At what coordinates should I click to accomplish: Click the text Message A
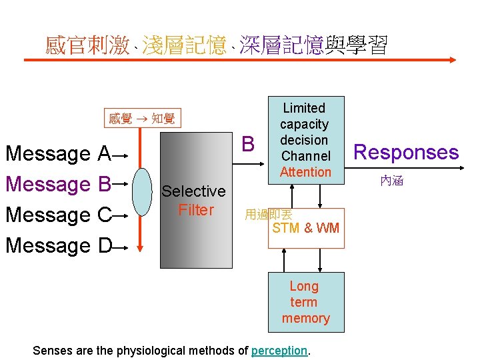pyautogui.click(x=58, y=154)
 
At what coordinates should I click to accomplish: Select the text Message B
pyautogui.click(x=58, y=185)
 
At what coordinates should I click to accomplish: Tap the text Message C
pyautogui.click(x=58, y=215)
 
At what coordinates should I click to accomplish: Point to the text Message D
pyautogui.click(x=58, y=246)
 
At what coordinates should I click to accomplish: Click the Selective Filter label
pyautogui.click(x=195, y=201)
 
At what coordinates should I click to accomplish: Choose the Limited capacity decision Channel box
pyautogui.click(x=305, y=132)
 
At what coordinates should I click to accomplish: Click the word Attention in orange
pyautogui.click(x=305, y=172)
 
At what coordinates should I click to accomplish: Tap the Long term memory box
pyautogui.click(x=306, y=302)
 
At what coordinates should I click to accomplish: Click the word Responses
pyautogui.click(x=406, y=153)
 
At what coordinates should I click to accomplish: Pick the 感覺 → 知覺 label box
pyautogui.click(x=141, y=119)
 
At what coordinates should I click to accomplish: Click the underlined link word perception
pyautogui.click(x=279, y=351)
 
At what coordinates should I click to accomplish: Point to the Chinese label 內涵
pyautogui.click(x=392, y=181)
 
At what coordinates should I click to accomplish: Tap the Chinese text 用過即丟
pyautogui.click(x=268, y=215)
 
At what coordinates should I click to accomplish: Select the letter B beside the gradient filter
pyautogui.click(x=248, y=143)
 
